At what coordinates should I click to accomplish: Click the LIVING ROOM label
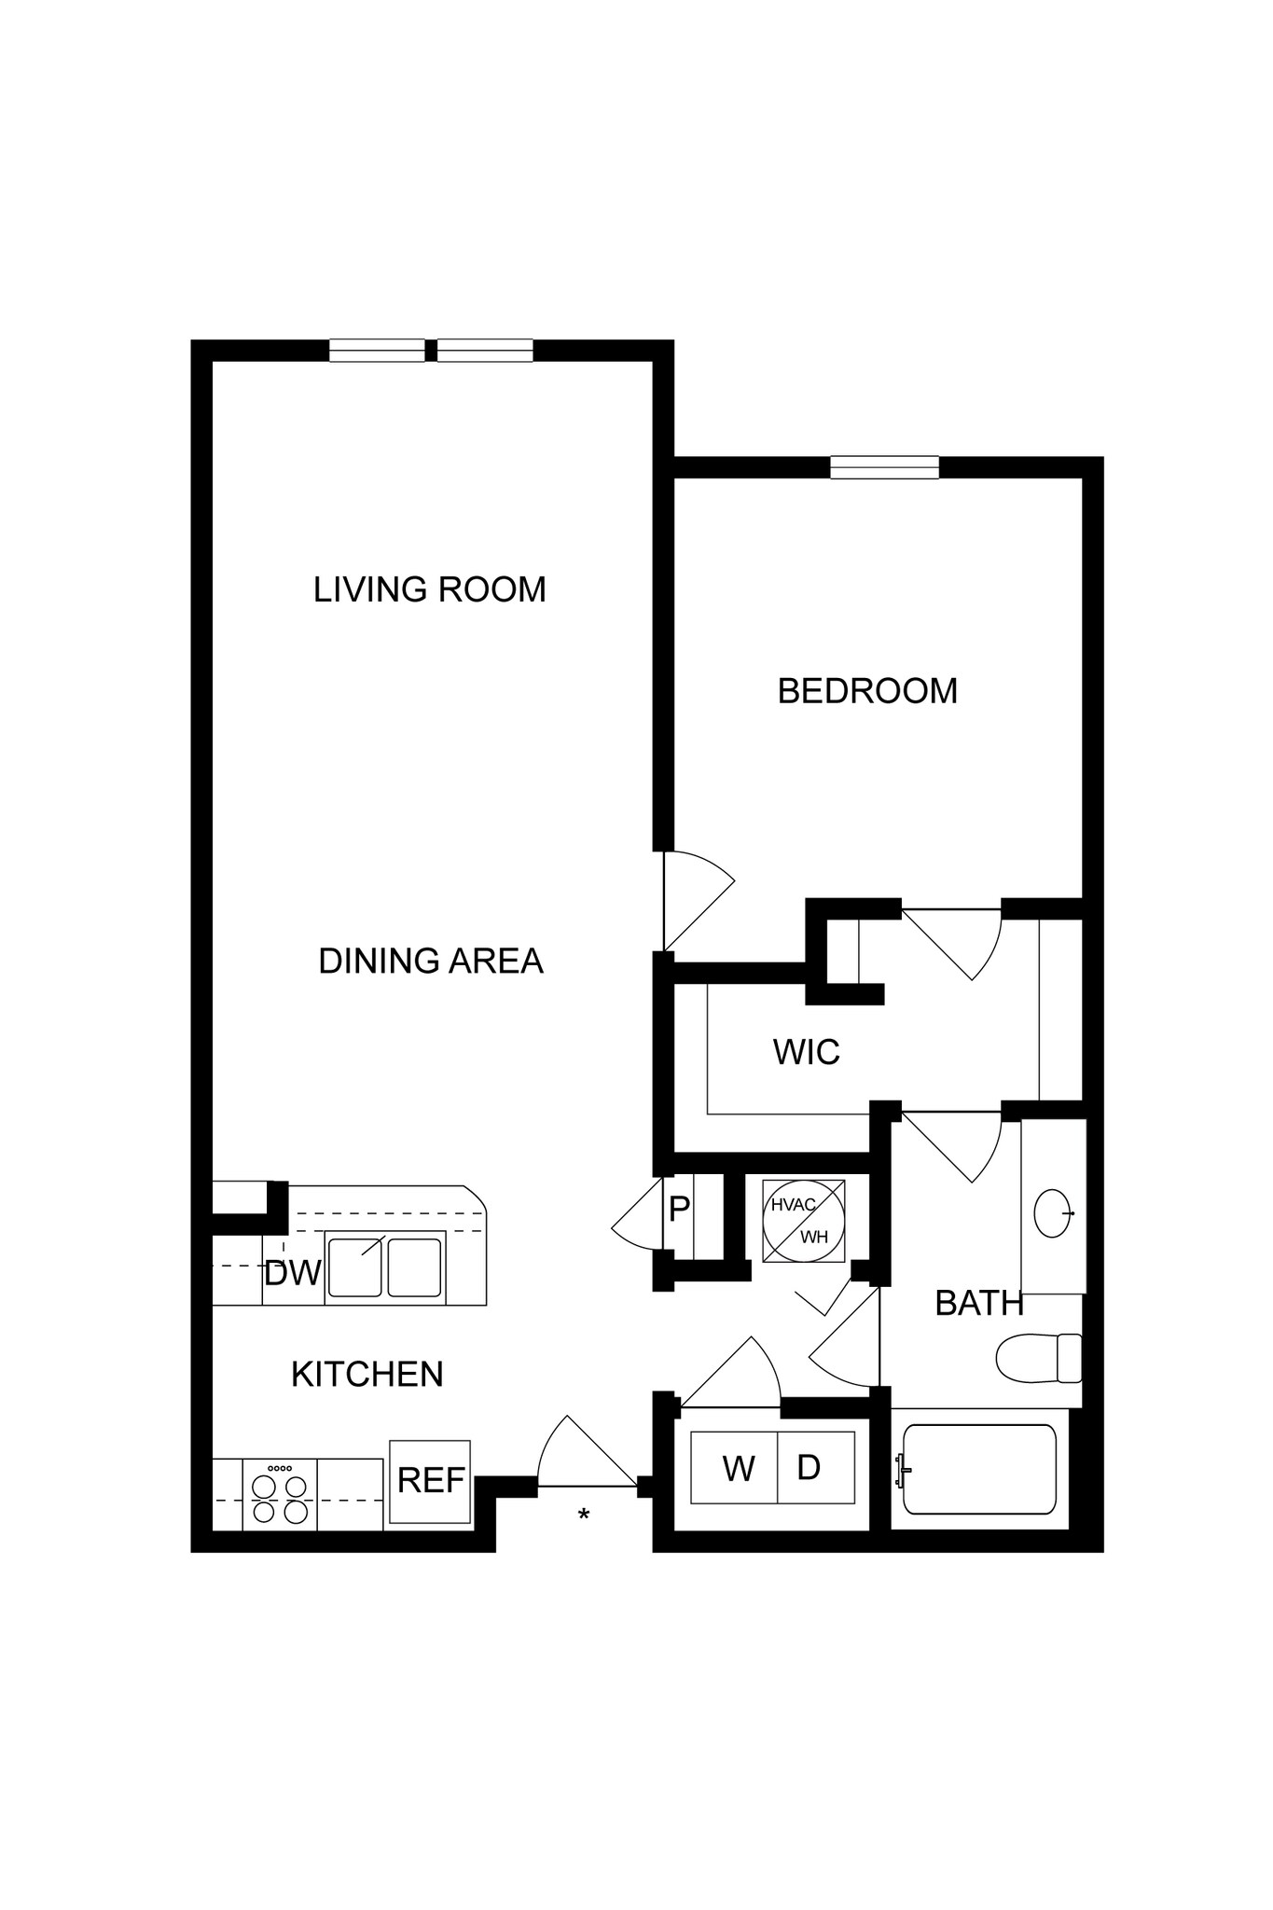click(x=429, y=589)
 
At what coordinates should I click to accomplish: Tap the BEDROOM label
click(x=867, y=691)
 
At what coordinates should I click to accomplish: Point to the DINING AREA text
click(x=430, y=961)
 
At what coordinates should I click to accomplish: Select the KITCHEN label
click(x=367, y=1374)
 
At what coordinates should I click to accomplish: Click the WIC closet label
click(x=807, y=1052)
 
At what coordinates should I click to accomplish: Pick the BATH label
click(x=979, y=1303)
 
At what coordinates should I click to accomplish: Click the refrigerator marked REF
click(x=430, y=1481)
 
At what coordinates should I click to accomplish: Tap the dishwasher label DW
click(x=293, y=1273)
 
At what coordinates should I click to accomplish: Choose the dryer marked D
click(x=816, y=1467)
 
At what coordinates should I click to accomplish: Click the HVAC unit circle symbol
click(x=805, y=1221)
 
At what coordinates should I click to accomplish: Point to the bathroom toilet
click(x=1039, y=1358)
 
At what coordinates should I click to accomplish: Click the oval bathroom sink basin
click(x=1052, y=1213)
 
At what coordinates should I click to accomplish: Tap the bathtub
click(x=979, y=1470)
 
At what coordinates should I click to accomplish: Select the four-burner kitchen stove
click(x=280, y=1494)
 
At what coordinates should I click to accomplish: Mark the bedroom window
click(x=885, y=467)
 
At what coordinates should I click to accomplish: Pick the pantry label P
click(x=679, y=1210)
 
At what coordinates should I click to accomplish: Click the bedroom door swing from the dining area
click(x=699, y=901)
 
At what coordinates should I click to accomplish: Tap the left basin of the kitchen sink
click(x=353, y=1266)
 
